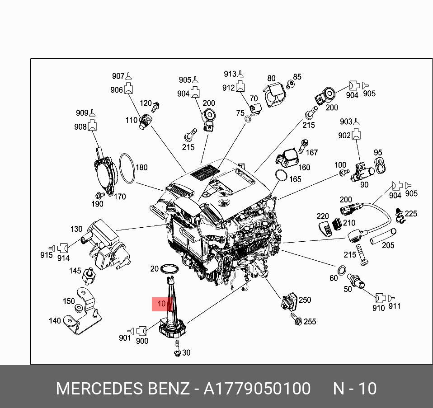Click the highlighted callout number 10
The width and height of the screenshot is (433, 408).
coord(162,304)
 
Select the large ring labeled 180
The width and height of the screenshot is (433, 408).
coord(127,169)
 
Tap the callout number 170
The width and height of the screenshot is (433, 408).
coord(120,197)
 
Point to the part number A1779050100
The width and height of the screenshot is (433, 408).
coord(257,389)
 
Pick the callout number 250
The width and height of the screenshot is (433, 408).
coord(305,300)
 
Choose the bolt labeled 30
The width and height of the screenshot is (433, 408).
coord(177,349)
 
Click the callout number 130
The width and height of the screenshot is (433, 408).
coord(76,229)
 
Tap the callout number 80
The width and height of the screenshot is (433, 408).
coord(271,78)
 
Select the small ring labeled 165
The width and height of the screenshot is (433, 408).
coord(281,175)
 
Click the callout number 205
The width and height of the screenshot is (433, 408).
coord(388,245)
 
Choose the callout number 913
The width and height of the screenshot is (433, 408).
coord(230,74)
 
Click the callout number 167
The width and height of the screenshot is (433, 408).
coord(312,153)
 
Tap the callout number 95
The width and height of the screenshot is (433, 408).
coord(378,153)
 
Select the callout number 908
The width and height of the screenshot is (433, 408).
coord(80,127)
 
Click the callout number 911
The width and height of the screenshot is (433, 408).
coord(394,306)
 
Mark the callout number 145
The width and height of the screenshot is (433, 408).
coord(75,271)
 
